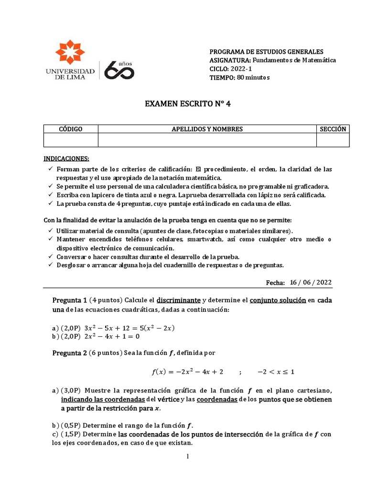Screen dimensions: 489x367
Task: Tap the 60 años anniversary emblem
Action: [119, 69]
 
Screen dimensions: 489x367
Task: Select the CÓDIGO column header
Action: [71, 129]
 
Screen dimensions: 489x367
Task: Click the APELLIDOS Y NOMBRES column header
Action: [207, 129]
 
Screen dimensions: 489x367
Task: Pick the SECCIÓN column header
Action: [333, 129]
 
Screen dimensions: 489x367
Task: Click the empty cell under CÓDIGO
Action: [71, 139]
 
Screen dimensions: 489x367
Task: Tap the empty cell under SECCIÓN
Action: [333, 139]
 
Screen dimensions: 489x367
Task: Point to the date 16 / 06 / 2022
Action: [311, 282]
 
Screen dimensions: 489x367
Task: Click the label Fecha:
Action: [275, 283]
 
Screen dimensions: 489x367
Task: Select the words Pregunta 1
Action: [69, 300]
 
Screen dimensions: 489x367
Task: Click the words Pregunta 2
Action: [69, 353]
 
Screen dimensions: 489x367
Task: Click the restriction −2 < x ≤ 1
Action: [276, 372]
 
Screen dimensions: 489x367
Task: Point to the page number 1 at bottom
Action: [188, 457]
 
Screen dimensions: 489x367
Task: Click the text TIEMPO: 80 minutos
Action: [239, 77]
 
